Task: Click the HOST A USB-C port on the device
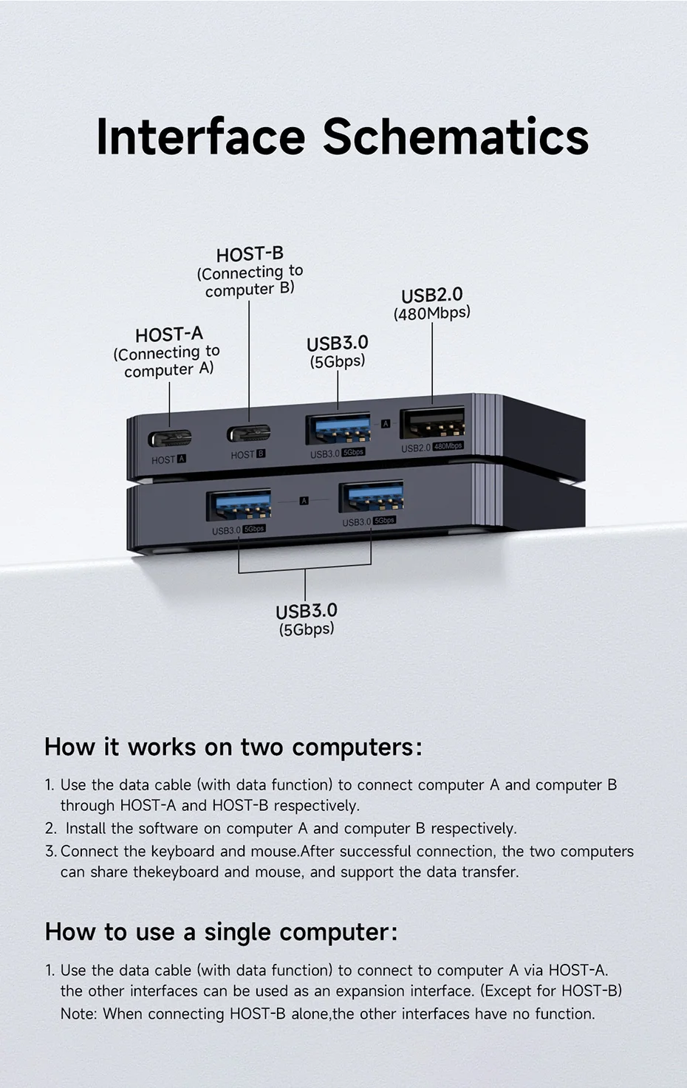(170, 438)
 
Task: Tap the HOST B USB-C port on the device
(248, 434)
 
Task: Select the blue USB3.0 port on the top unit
(338, 429)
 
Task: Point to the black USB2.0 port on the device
(432, 425)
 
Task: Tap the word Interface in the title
(200, 137)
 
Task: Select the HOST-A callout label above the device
(168, 335)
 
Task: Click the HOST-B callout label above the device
(250, 255)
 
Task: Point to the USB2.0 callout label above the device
(431, 295)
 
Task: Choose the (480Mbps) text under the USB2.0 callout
(431, 313)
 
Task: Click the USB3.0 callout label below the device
(306, 612)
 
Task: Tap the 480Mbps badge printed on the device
(448, 446)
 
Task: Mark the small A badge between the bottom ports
(304, 501)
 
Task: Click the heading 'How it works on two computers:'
(233, 747)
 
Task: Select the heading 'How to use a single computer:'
(220, 931)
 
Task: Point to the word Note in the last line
(78, 1013)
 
